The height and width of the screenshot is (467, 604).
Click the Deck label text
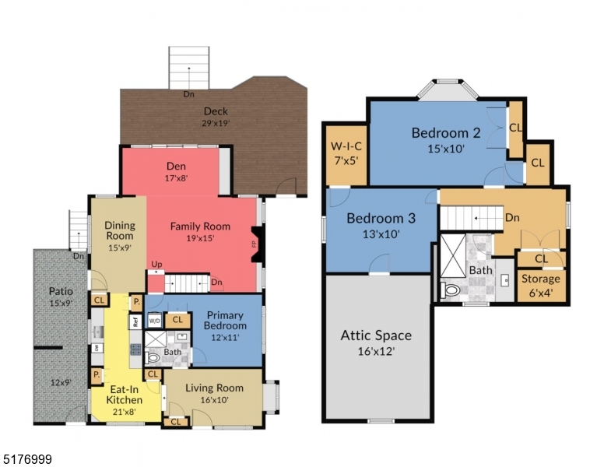pyautogui.click(x=216, y=111)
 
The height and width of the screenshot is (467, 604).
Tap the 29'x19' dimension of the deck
pyautogui.click(x=216, y=123)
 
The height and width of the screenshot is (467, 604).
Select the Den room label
pyautogui.click(x=176, y=166)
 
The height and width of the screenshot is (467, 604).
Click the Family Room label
pyautogui.click(x=201, y=226)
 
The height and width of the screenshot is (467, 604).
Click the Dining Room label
pyautogui.click(x=120, y=231)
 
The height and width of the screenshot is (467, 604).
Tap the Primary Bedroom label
pyautogui.click(x=224, y=321)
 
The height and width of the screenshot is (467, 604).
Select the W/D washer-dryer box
pyautogui.click(x=155, y=320)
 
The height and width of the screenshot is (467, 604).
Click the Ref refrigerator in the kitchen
pyautogui.click(x=135, y=321)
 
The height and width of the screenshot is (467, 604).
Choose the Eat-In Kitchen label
pyautogui.click(x=125, y=394)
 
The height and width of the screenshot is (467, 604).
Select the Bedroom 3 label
pyautogui.click(x=381, y=218)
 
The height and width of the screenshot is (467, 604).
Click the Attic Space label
pyautogui.click(x=376, y=335)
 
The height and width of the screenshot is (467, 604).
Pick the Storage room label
pyautogui.click(x=540, y=278)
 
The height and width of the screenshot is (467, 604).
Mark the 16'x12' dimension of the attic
pyautogui.click(x=376, y=352)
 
